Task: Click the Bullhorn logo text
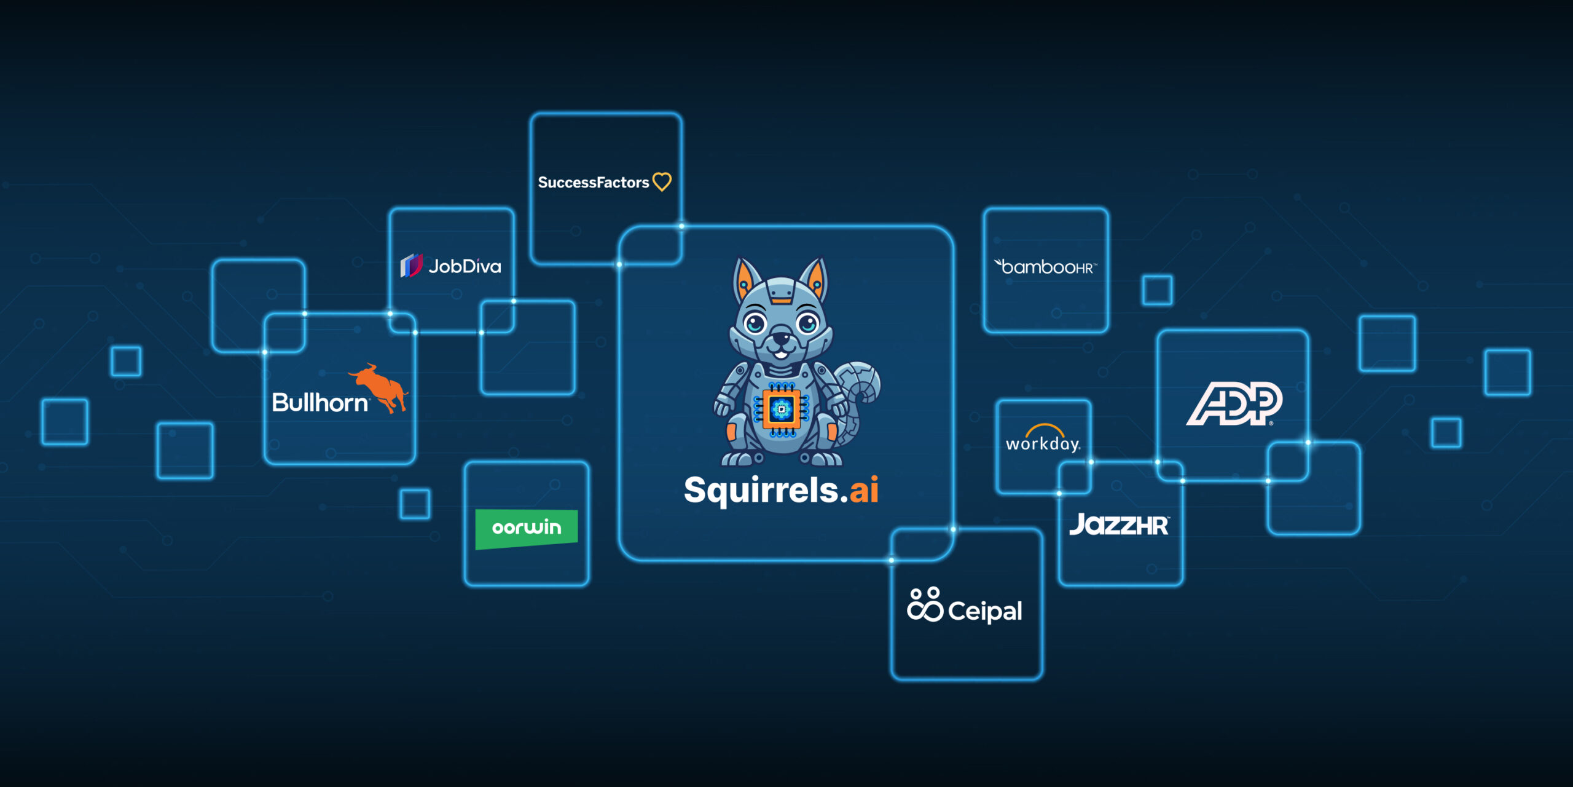click(320, 403)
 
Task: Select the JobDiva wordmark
click(465, 266)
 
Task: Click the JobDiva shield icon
click(411, 266)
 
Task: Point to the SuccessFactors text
click(593, 183)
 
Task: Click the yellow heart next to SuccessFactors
click(662, 182)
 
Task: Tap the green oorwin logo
click(527, 528)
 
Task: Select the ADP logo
click(1234, 403)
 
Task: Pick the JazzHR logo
click(1119, 525)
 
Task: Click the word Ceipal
click(985, 611)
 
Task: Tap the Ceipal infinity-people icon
click(925, 605)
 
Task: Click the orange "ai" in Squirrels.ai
click(864, 490)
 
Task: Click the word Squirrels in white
click(761, 491)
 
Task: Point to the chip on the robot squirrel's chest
click(782, 409)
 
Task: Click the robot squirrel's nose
click(781, 337)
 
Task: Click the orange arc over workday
click(1045, 429)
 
